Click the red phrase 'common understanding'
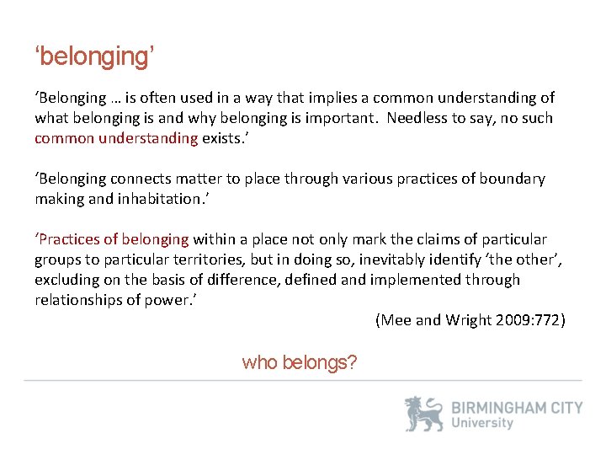coord(116,138)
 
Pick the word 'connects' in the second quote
coord(164,179)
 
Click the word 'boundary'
coord(513,179)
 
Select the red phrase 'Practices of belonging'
coord(110,239)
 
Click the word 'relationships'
coord(80,300)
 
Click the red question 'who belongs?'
coord(299,362)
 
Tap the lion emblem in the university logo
coord(423,415)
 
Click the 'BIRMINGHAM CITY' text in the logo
coord(517,408)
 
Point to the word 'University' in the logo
coord(481,424)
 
